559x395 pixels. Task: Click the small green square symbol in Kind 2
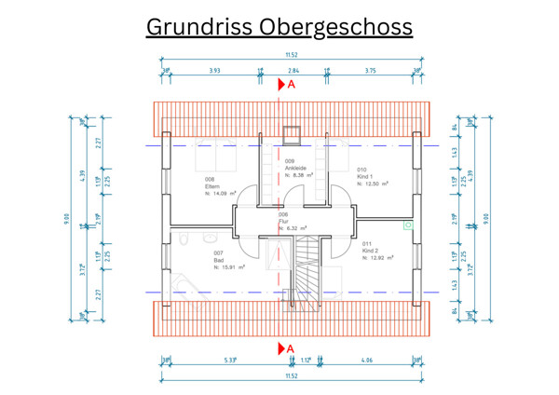(407, 225)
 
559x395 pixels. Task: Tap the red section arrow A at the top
(286, 85)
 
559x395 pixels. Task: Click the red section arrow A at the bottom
(286, 348)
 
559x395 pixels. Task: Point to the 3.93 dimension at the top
(214, 71)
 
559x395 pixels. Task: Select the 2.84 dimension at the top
(293, 71)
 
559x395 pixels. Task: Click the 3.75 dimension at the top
(370, 71)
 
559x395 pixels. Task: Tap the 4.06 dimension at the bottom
(366, 361)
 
